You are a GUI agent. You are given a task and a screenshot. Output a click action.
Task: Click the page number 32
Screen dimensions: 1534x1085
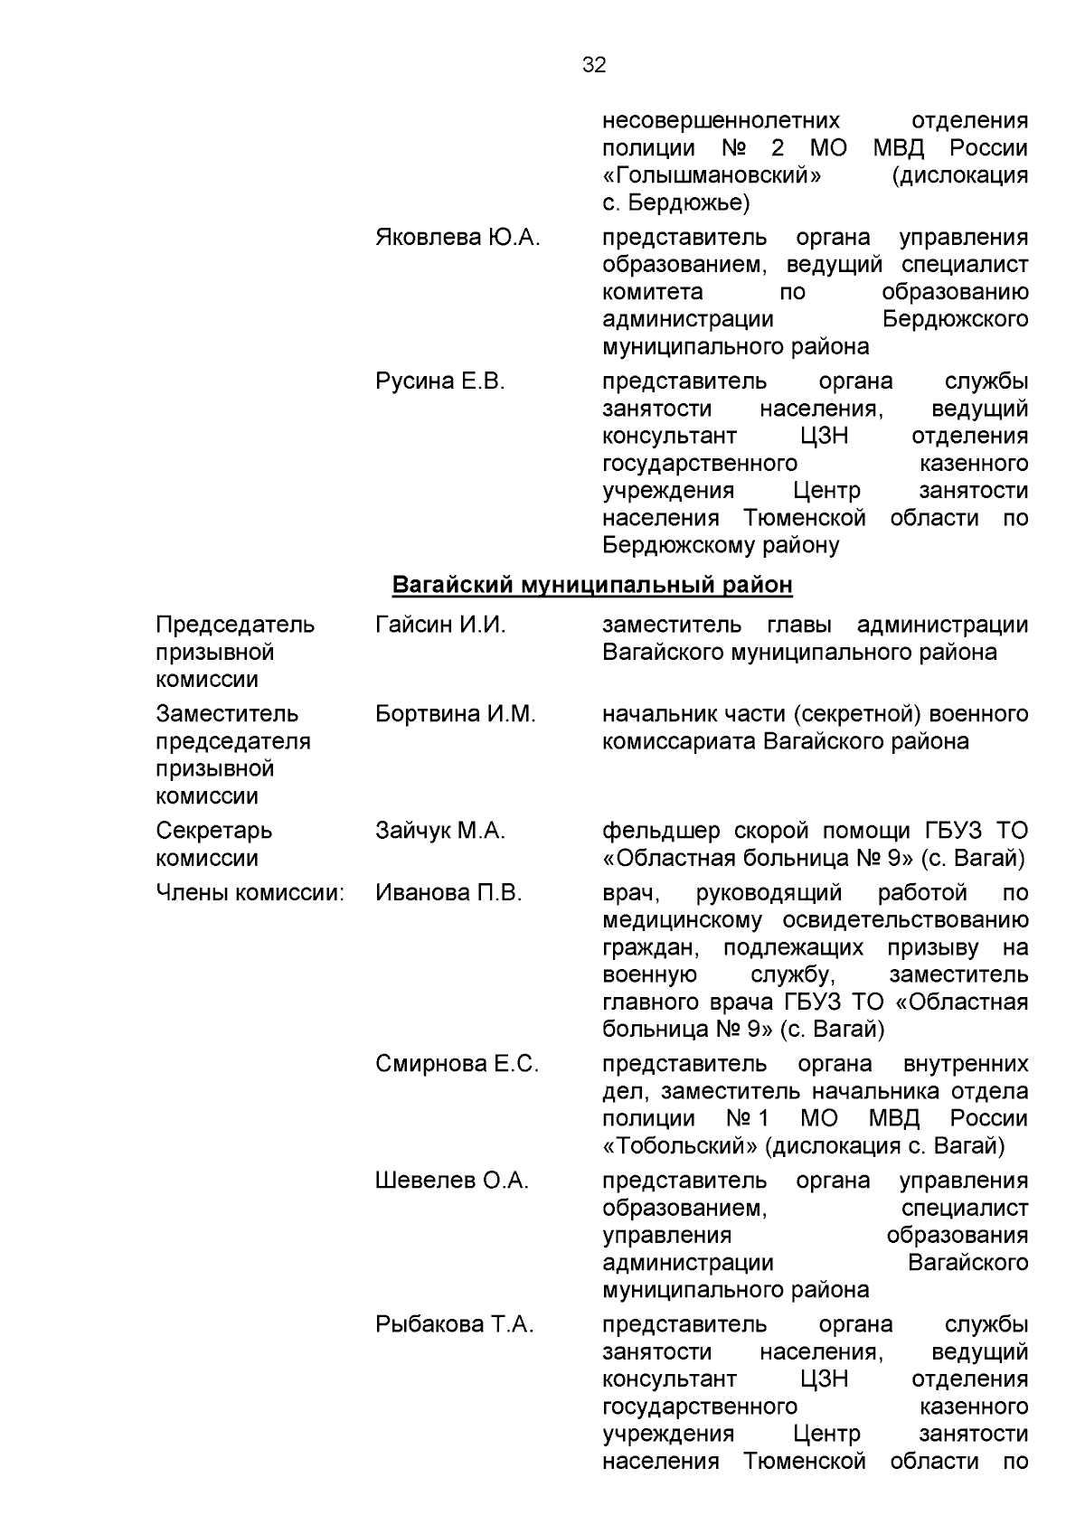pos(594,65)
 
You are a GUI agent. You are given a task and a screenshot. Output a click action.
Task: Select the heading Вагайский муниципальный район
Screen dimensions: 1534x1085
pos(592,586)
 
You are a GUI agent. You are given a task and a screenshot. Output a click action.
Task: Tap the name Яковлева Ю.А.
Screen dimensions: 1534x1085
pos(458,238)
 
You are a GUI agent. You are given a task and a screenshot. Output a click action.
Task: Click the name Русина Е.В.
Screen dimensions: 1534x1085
pos(440,381)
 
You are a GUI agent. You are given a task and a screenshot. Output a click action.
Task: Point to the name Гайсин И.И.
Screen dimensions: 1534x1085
pos(440,625)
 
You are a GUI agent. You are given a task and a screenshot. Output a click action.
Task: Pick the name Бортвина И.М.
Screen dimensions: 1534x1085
pos(456,714)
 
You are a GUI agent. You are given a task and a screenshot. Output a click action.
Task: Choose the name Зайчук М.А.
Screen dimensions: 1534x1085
pos(440,831)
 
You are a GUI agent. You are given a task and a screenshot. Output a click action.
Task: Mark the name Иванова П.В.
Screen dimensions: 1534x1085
pos(448,893)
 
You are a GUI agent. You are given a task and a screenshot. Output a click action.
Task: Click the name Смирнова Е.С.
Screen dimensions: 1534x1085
pos(457,1064)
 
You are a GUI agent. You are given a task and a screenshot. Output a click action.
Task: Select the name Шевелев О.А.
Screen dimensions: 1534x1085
pos(452,1181)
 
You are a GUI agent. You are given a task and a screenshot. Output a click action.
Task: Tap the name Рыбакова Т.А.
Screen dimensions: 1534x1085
pos(455,1325)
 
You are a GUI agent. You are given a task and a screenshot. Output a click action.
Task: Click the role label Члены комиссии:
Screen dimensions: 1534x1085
pos(250,893)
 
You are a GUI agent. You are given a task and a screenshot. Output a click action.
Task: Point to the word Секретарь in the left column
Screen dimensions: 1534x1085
pos(213,831)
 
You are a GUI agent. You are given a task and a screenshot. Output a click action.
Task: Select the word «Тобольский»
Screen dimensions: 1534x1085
pos(680,1146)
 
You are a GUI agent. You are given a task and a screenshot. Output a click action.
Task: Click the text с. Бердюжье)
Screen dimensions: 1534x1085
pos(676,202)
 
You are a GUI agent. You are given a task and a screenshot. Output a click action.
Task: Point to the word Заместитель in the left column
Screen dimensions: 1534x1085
pos(227,714)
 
